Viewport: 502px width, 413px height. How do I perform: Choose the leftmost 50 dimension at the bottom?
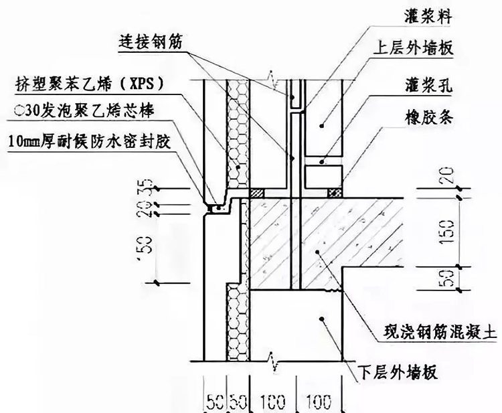214,402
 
